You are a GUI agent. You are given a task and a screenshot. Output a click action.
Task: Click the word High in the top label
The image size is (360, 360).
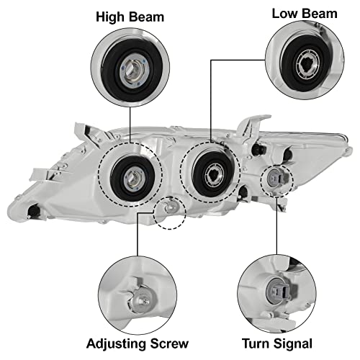tap(111, 18)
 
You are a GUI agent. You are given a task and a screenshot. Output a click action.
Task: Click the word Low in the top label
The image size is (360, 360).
tap(284, 14)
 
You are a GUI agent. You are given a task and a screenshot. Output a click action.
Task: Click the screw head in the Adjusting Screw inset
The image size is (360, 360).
tap(140, 300)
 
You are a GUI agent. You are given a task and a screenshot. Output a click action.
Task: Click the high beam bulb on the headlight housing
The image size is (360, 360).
tap(132, 180)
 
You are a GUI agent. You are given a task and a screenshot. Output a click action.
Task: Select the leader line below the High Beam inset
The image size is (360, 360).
tap(130, 125)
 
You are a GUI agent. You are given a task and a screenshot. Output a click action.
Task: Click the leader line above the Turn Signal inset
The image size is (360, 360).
tap(276, 225)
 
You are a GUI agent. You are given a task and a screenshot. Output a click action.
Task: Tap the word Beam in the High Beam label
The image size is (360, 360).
tap(146, 17)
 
